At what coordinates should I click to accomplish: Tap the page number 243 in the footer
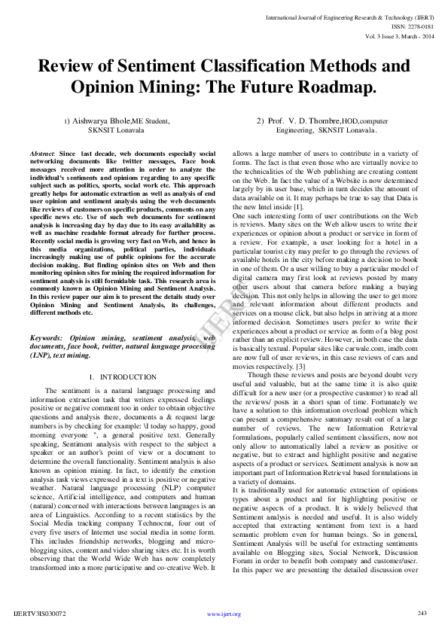[422, 613]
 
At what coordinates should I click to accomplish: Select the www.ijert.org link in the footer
[224, 614]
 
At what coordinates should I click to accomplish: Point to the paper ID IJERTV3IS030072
[40, 614]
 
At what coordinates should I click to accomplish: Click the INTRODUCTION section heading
[129, 376]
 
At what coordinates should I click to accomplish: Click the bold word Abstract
[42, 154]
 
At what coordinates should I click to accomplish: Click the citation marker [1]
[298, 206]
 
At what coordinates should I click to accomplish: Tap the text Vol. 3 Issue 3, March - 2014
[399, 36]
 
